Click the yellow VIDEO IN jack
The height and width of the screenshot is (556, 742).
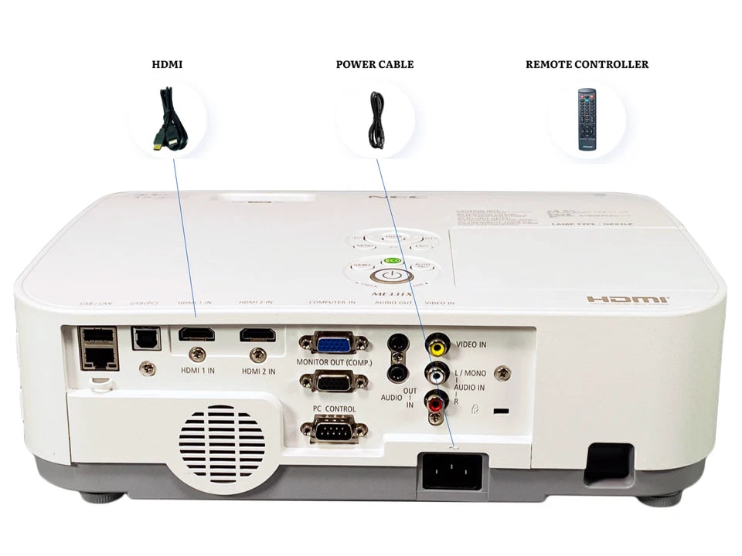(438, 344)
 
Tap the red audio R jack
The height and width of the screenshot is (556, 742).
(437, 402)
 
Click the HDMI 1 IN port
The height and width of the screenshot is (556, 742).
(196, 335)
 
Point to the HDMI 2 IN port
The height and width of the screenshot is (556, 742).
(257, 335)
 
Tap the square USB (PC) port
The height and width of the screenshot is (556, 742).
(141, 337)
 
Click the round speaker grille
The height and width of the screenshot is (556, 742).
(222, 444)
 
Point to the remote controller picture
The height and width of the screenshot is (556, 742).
(587, 120)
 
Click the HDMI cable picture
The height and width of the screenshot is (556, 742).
(168, 120)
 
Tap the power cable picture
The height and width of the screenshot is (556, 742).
(376, 120)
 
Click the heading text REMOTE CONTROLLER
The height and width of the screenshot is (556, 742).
(587, 64)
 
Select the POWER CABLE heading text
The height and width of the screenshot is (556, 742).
(375, 64)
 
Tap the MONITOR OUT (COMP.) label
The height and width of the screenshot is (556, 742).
(334, 363)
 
